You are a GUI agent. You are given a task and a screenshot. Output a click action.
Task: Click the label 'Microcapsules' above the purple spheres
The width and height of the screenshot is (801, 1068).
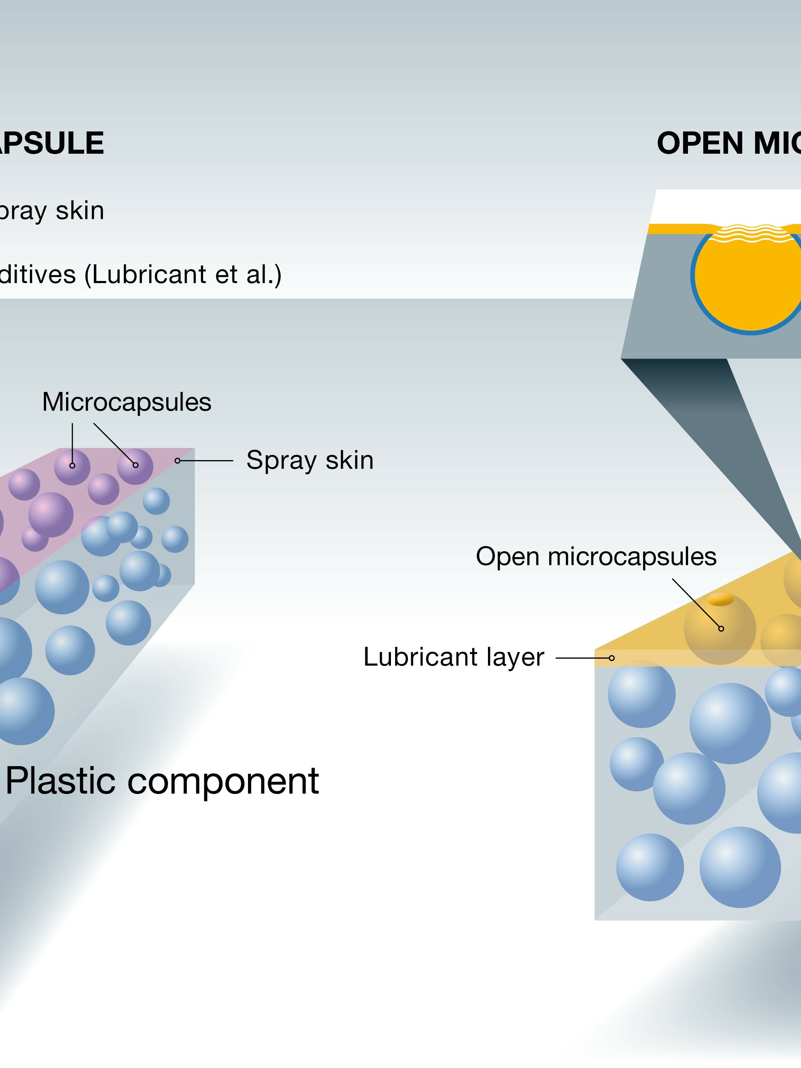pyautogui.click(x=127, y=402)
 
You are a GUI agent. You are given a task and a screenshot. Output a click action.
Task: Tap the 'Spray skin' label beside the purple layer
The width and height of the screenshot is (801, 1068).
pyautogui.click(x=310, y=460)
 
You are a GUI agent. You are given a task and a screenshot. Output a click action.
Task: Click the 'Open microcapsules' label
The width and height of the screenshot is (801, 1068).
pyautogui.click(x=596, y=556)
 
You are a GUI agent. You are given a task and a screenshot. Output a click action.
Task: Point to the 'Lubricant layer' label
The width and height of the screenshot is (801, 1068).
pyautogui.click(x=454, y=657)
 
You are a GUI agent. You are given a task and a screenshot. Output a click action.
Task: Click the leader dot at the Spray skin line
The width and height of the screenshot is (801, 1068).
pyautogui.click(x=177, y=460)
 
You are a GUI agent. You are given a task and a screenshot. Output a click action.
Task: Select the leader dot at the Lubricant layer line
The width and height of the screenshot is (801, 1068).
pyautogui.click(x=612, y=658)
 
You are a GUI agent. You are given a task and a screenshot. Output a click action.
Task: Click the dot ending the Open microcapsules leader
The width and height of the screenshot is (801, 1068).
pyautogui.click(x=721, y=628)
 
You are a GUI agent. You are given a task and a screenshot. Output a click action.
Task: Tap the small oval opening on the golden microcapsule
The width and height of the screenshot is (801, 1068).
pyautogui.click(x=720, y=599)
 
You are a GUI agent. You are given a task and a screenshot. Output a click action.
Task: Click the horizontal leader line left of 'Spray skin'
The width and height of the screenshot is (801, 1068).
pyautogui.click(x=208, y=460)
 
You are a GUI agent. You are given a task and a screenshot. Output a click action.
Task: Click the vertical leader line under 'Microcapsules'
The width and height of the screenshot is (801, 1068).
pyautogui.click(x=72, y=442)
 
